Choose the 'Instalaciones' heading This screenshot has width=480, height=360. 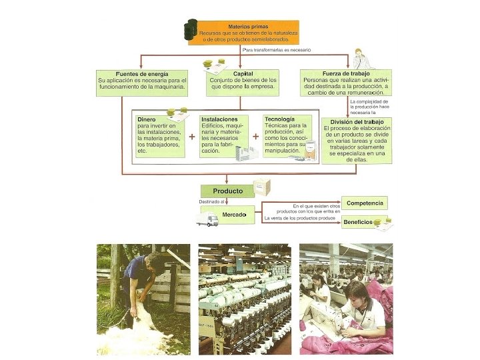pos(219,119)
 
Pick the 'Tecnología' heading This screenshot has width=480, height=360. pos(279,119)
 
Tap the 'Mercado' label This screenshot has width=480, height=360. pos(234,215)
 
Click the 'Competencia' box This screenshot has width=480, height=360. pos(365,201)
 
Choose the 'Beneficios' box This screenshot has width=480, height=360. pos(359,223)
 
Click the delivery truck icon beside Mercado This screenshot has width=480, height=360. pos(207,219)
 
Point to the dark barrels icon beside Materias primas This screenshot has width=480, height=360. pos(192,29)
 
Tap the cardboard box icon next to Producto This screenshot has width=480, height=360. pos(261,187)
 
